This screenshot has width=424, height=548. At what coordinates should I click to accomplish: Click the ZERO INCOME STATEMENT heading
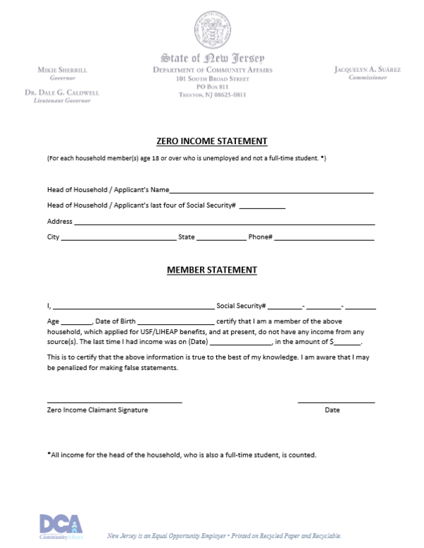click(x=211, y=141)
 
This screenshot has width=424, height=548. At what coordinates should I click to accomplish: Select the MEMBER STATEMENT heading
click(x=211, y=270)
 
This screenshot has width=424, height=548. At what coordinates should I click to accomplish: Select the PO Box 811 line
click(x=212, y=86)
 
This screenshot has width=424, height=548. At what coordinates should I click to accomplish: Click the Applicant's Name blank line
click(x=271, y=191)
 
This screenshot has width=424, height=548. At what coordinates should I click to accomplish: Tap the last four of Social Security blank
click(x=262, y=208)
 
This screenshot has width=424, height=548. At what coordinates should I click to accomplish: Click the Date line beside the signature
click(x=336, y=402)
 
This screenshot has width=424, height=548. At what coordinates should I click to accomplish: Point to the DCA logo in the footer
click(x=61, y=526)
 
